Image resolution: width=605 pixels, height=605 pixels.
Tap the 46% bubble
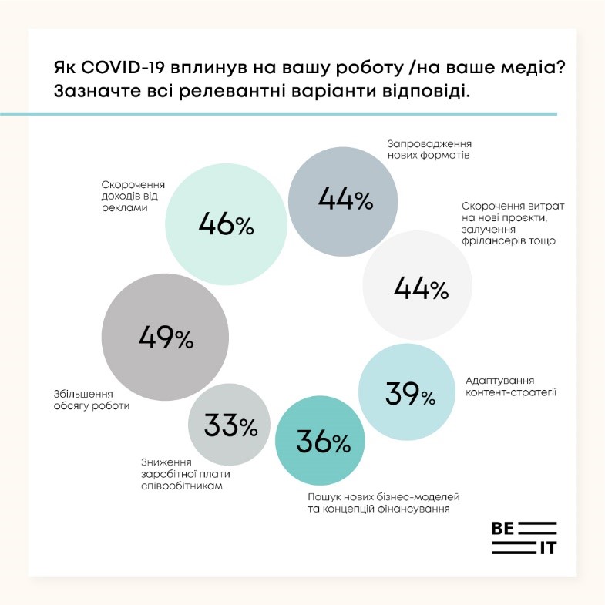(x=226, y=225)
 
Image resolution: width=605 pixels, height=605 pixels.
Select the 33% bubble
(x=230, y=424)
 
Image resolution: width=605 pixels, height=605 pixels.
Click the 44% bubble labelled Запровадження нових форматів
(x=345, y=200)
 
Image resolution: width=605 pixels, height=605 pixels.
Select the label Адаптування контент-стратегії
(x=511, y=386)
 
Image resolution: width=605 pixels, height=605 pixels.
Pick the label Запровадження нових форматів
(x=429, y=149)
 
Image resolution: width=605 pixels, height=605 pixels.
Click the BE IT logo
(x=523, y=537)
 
